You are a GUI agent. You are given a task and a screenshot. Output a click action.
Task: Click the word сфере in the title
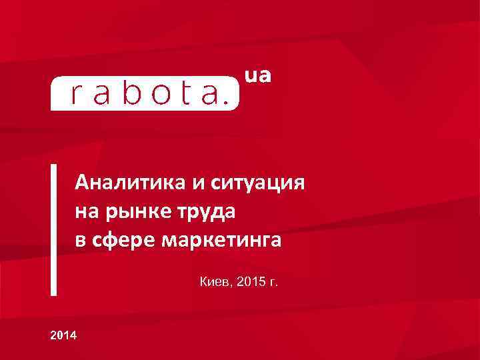[123, 241]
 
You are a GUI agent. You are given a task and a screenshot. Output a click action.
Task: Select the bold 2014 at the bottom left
[63, 334]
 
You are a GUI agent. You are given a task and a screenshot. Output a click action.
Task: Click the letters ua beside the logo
[259, 77]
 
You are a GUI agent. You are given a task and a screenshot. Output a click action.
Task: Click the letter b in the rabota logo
[135, 94]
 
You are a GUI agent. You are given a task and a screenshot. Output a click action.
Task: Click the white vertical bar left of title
[53, 229]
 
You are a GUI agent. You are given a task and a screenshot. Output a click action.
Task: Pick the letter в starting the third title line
[80, 241]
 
